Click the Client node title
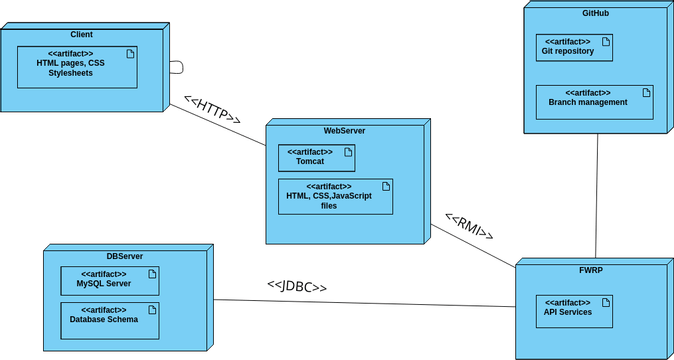(82, 35)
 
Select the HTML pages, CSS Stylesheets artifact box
(77, 66)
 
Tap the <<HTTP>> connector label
(212, 110)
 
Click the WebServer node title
(343, 131)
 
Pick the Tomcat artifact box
(316, 158)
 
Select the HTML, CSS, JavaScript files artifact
(335, 196)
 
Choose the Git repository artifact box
(574, 47)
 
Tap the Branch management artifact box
(594, 98)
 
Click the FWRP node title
(589, 270)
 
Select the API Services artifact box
(573, 308)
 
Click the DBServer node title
(124, 257)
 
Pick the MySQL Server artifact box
(110, 280)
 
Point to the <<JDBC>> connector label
(297, 286)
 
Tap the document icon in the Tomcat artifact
(348, 152)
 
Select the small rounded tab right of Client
(176, 67)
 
